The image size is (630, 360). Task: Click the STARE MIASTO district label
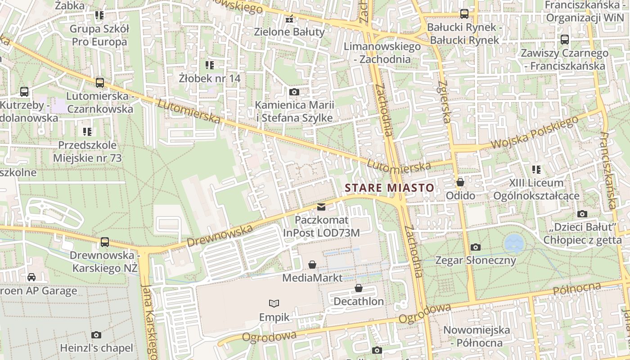[390, 188]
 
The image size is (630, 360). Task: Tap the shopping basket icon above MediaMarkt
[312, 265]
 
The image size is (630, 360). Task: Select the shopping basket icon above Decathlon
[359, 288]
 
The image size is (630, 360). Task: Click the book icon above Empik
[274, 303]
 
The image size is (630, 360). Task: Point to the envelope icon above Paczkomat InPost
[321, 207]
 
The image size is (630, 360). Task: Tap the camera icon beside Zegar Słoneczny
[476, 247]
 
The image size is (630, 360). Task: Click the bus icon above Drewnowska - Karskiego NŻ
[105, 242]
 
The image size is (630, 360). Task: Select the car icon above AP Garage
[31, 277]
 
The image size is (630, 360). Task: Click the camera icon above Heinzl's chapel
[96, 335]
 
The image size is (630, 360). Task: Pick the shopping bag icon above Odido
[460, 182]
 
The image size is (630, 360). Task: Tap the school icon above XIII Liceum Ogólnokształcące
[536, 170]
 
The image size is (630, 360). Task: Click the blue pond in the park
[514, 243]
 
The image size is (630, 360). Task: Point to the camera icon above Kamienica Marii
[294, 92]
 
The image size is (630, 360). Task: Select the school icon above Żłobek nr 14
[209, 65]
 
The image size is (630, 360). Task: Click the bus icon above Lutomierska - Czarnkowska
[100, 83]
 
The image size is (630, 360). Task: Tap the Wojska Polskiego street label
[535, 133]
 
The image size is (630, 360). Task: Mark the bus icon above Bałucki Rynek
[464, 14]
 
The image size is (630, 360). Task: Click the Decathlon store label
[359, 301]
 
